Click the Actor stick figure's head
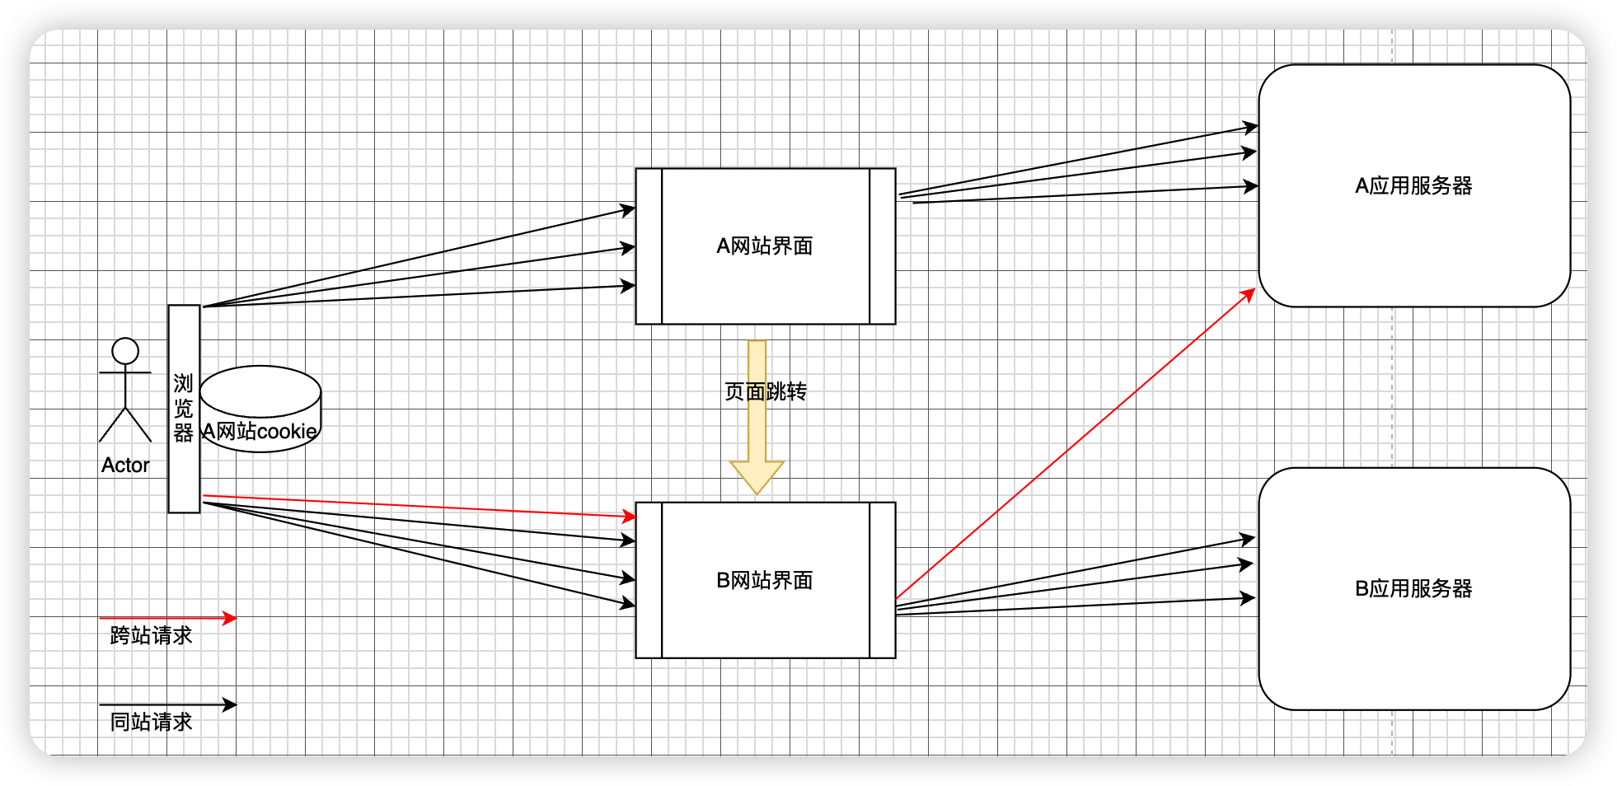coord(125,351)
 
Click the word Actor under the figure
coord(125,466)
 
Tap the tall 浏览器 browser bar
coord(184,478)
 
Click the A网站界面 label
coord(765,246)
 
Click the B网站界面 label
coord(765,581)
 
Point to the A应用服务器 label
coord(1413,186)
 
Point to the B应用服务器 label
coord(1413,589)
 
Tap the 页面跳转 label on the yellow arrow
coord(766,391)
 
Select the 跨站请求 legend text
coord(151,635)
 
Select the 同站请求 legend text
coord(151,722)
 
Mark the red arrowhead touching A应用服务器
coord(1249,294)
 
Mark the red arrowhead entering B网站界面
coord(630,517)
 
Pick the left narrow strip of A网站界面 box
coord(649,246)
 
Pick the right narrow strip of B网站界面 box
coord(883,581)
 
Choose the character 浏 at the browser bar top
coord(183,383)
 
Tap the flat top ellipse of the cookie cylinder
coord(260,391)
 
